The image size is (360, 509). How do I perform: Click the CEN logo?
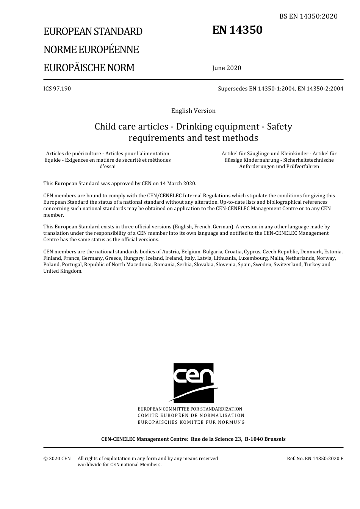point(193,383)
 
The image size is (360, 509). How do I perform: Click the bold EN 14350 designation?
point(237,30)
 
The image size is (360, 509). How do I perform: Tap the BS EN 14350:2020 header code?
point(308,16)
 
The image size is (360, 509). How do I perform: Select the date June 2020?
point(227,68)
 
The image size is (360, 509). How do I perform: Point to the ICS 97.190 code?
point(57,89)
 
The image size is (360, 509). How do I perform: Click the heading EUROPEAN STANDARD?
point(93,31)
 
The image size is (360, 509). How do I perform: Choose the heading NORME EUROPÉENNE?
point(91,50)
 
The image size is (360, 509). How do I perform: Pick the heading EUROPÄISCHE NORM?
point(89,68)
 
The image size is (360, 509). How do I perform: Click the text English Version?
point(193,111)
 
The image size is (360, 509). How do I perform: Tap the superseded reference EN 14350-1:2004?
point(272,89)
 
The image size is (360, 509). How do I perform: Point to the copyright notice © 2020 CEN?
point(57,459)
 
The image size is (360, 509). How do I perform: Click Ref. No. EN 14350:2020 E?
point(315,459)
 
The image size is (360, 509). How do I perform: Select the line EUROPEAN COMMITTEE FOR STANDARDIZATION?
point(190,409)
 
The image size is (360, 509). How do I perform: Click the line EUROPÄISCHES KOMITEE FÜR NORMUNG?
point(191,422)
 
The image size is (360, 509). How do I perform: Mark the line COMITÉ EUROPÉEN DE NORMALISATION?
point(191,415)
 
